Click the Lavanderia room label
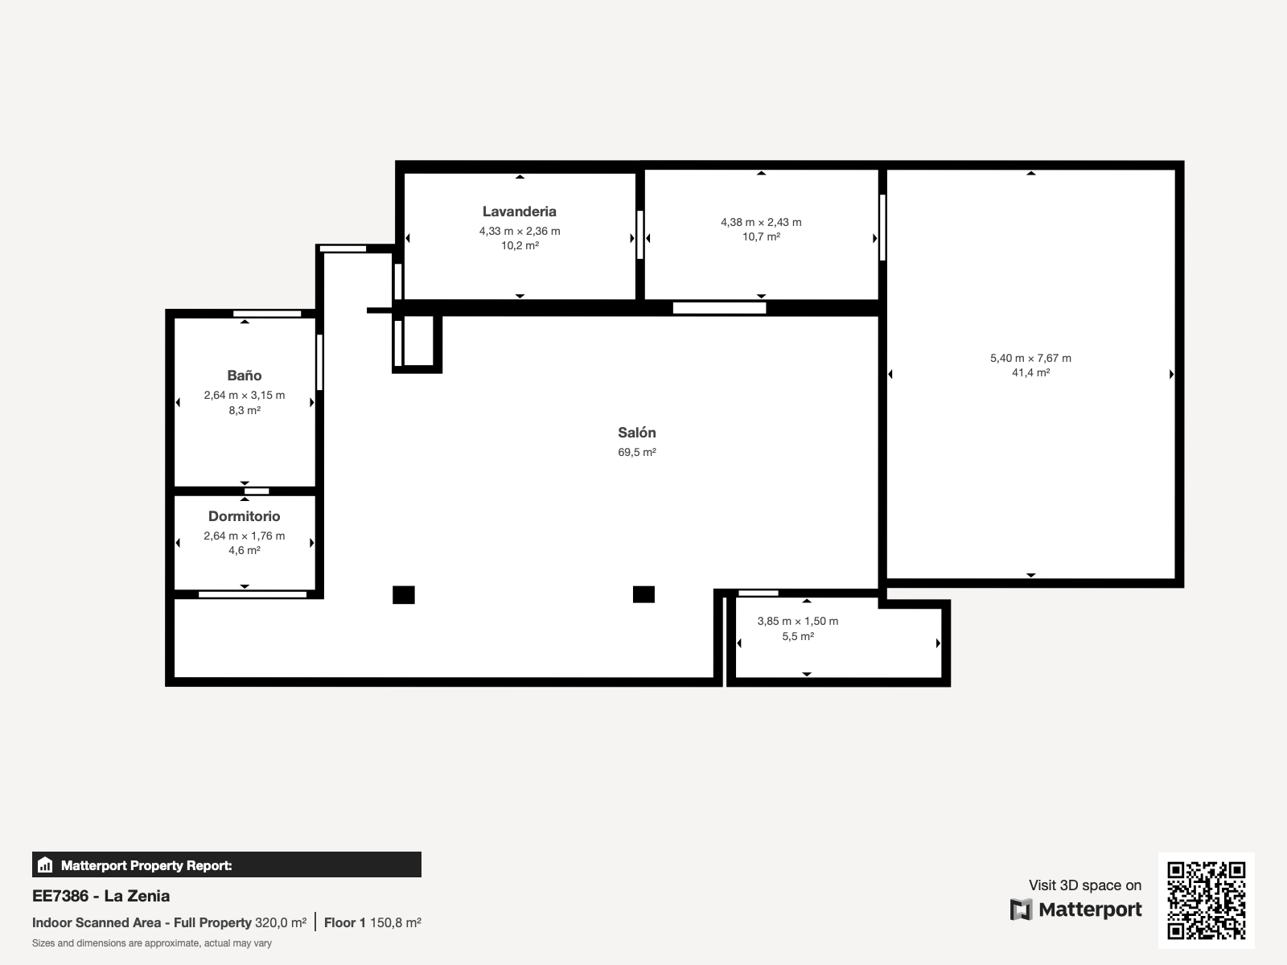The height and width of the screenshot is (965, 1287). (520, 211)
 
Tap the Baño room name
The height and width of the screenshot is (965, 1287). (245, 376)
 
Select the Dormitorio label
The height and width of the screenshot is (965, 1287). (245, 516)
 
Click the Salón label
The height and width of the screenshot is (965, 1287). (637, 433)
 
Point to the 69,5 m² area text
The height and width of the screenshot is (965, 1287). (637, 452)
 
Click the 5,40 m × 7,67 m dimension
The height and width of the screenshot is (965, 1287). (1030, 358)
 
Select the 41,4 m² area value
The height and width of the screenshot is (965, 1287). (1030, 372)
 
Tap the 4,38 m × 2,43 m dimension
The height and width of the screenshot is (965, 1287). (761, 222)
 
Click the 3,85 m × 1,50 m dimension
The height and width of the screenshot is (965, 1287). (798, 621)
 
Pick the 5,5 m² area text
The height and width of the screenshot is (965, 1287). (798, 636)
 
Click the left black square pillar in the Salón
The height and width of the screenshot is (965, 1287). (404, 595)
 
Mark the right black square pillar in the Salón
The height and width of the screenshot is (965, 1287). (643, 595)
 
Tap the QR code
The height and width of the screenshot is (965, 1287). (1206, 901)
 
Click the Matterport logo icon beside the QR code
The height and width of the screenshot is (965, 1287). (1021, 910)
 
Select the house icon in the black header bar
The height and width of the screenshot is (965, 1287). (45, 864)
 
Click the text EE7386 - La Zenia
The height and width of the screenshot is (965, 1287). (101, 896)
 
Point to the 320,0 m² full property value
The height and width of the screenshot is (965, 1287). (280, 923)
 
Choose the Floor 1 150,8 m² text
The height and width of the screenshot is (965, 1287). (372, 923)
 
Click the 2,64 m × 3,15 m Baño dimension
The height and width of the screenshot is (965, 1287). (245, 396)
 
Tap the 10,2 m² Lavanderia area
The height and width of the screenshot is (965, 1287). (520, 245)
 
